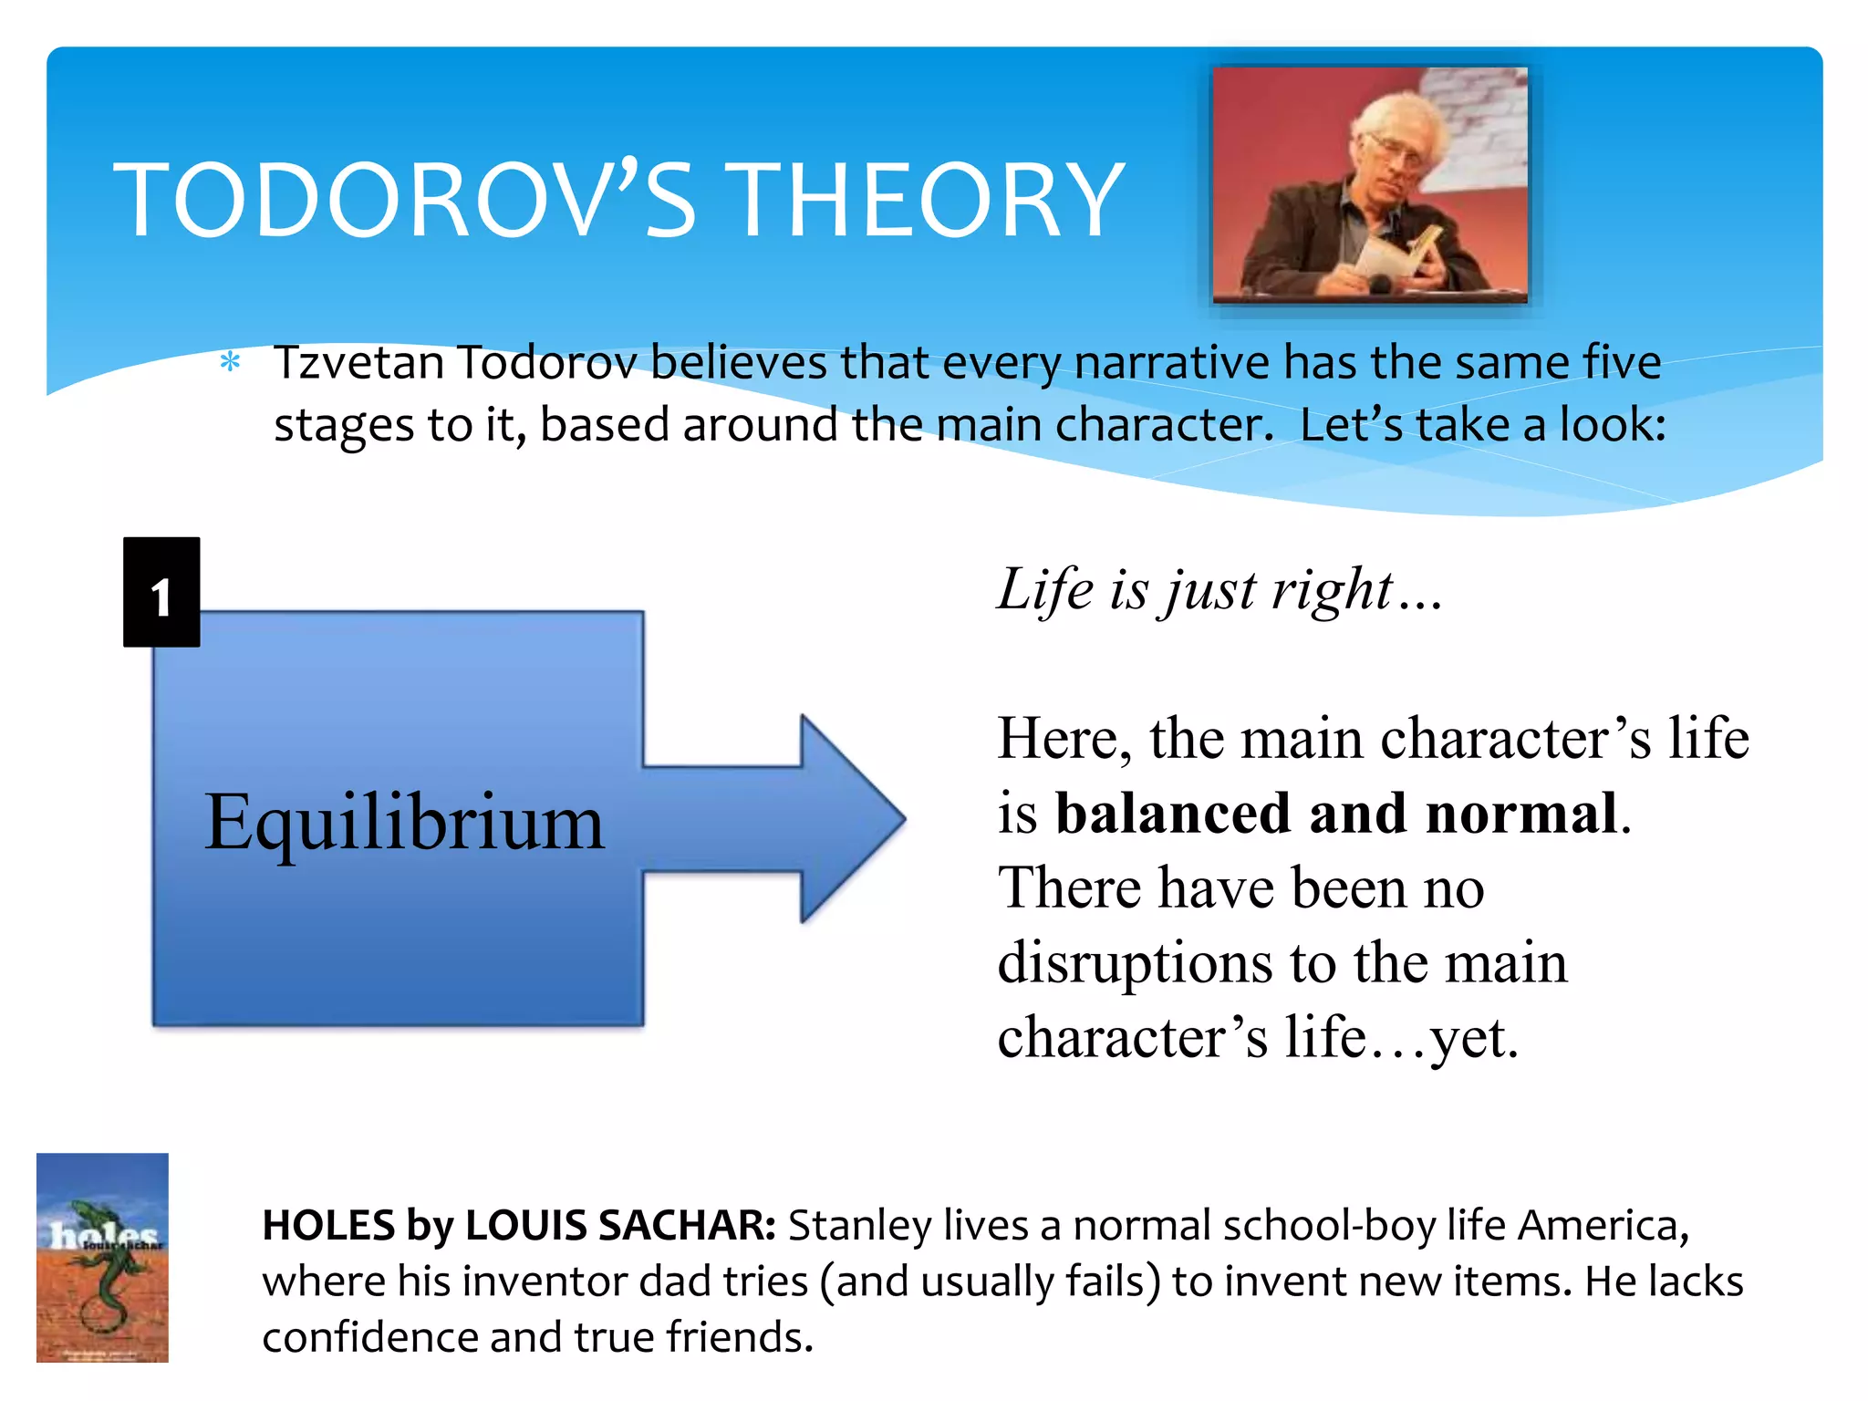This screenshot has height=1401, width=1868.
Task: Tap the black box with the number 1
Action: (x=161, y=593)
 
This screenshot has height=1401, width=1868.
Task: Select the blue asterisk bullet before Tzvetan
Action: (x=231, y=363)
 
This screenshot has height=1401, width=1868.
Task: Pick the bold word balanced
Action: (x=1172, y=813)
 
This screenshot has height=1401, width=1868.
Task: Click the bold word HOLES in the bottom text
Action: (x=328, y=1225)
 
